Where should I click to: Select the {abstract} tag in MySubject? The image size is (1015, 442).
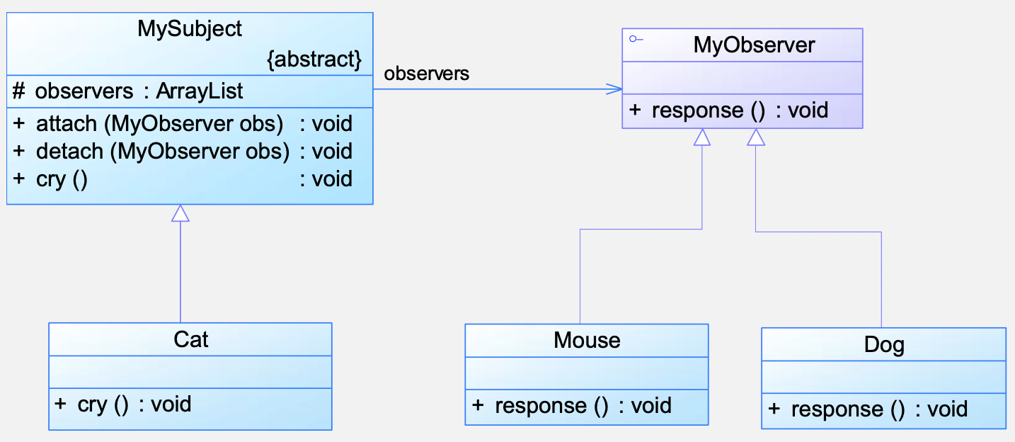point(314,59)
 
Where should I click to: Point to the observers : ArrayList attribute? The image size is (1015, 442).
point(128,91)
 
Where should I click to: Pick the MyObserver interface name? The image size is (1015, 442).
point(754,45)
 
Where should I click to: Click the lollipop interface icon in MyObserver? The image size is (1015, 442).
point(636,39)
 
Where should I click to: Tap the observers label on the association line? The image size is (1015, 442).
point(426,74)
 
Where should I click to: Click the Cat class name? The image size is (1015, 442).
point(191,339)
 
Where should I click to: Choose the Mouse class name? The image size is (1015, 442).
point(587,341)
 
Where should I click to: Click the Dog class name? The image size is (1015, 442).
point(884,345)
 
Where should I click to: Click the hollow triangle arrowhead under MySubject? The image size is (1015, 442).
point(180,213)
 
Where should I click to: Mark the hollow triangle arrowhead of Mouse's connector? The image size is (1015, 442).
point(702,137)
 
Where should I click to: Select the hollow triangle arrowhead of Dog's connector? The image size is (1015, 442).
point(756,137)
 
